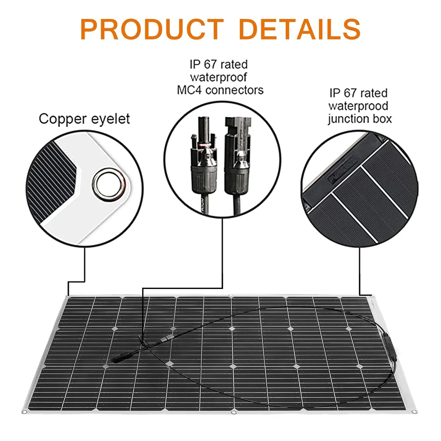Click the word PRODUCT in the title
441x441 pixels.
point(152,29)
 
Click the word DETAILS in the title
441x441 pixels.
point(300,29)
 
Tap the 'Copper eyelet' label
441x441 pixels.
point(84,119)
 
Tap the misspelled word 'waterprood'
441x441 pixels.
point(358,106)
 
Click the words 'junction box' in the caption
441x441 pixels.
point(360,119)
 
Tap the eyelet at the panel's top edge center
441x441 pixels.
point(231,296)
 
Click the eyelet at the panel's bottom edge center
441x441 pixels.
point(234,413)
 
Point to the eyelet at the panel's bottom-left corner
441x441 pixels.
point(25,411)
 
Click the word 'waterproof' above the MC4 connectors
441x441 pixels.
point(218,77)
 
